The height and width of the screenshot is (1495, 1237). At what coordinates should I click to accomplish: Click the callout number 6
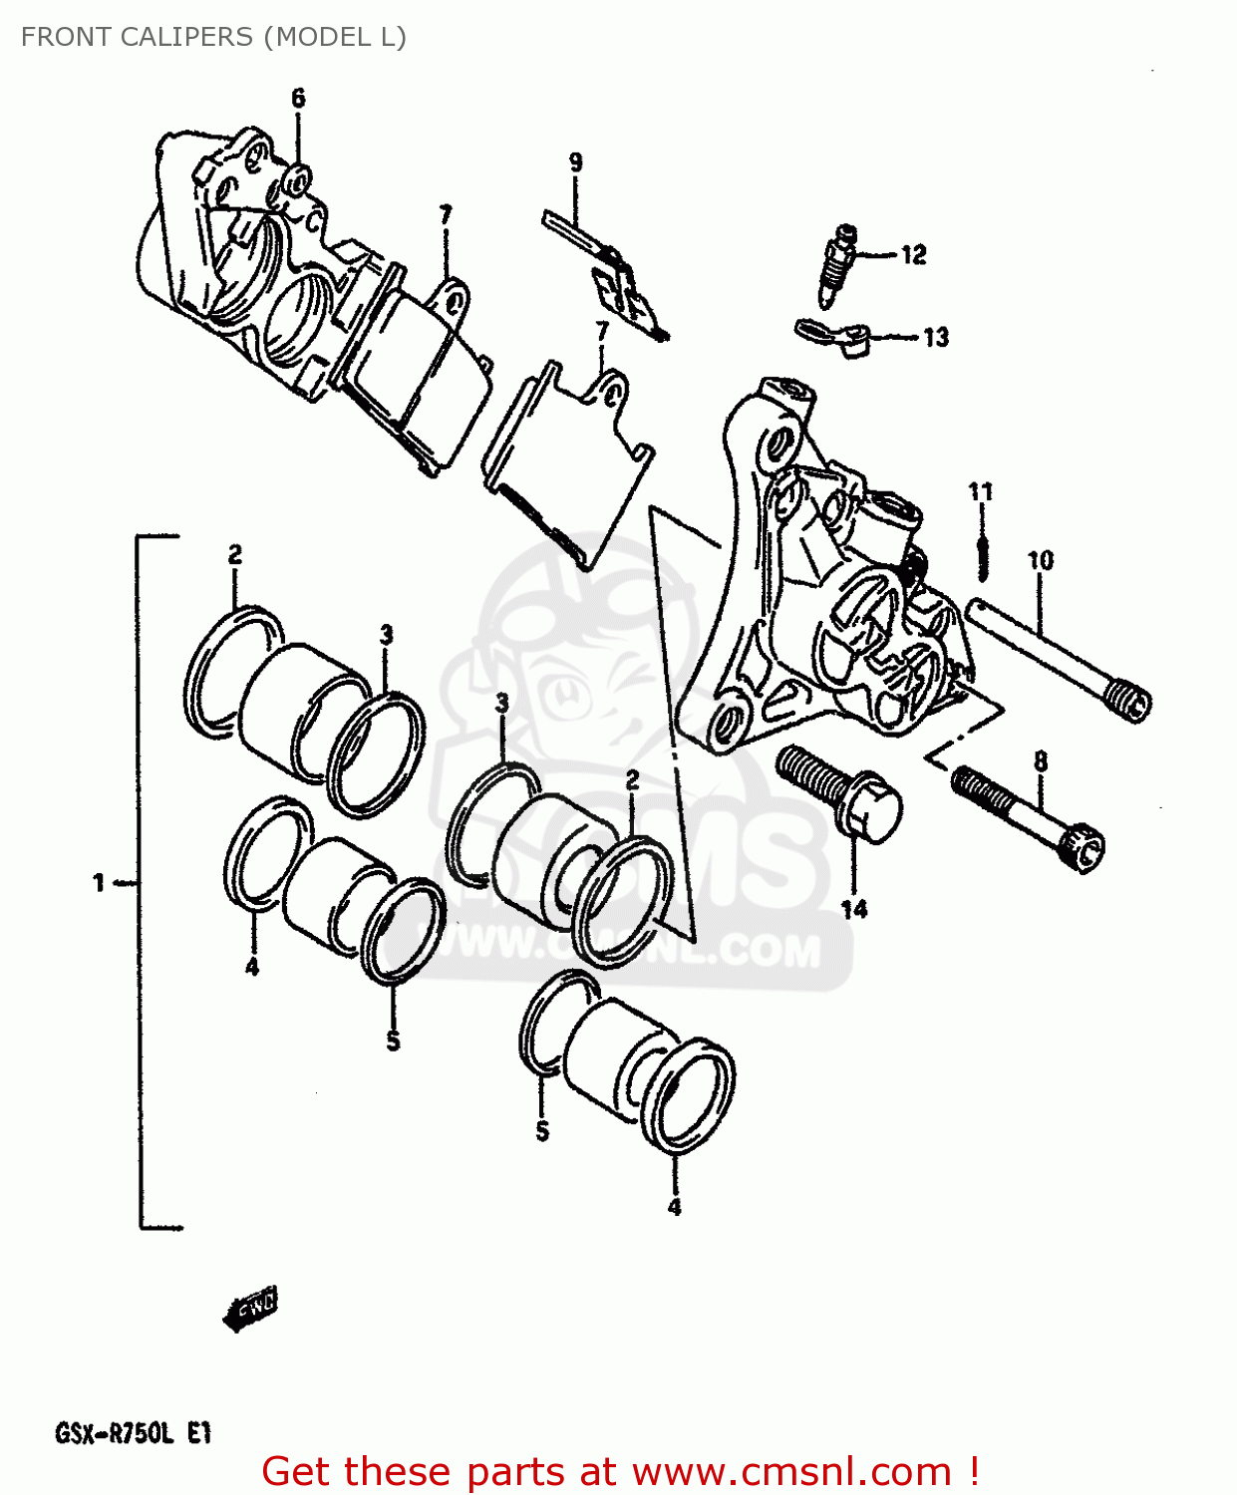click(x=298, y=98)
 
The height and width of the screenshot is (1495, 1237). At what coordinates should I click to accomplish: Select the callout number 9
click(x=576, y=161)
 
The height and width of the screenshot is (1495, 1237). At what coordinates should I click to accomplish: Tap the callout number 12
click(x=913, y=255)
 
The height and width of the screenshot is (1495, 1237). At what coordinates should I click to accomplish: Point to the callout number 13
click(x=935, y=338)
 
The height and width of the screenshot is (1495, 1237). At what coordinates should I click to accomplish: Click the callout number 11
click(x=981, y=491)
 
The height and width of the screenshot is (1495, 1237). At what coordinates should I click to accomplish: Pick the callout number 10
click(x=1040, y=561)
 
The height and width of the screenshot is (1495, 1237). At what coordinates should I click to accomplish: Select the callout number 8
click(x=1040, y=762)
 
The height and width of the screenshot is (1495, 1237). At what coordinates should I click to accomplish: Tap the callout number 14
click(x=854, y=909)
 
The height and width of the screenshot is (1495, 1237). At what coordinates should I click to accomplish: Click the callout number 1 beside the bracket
click(x=99, y=882)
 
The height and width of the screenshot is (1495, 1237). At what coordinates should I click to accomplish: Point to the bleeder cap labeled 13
click(x=837, y=336)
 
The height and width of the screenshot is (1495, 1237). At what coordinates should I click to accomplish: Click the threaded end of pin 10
click(x=1128, y=701)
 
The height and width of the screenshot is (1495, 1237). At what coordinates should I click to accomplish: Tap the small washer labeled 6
click(x=297, y=180)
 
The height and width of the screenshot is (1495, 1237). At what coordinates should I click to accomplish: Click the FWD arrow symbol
click(x=250, y=1308)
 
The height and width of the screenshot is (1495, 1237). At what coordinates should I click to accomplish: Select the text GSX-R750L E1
click(x=133, y=1433)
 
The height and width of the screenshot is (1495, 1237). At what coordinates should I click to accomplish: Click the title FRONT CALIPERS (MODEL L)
click(x=213, y=37)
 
